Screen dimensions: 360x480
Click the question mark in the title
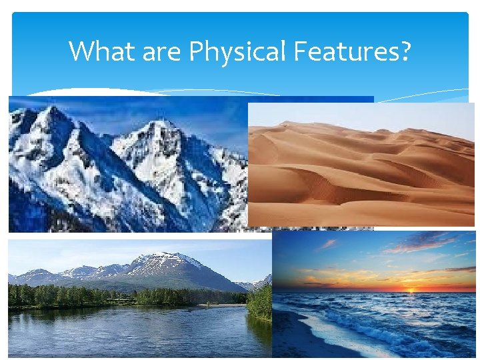tap(405, 51)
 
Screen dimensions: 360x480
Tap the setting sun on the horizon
tap(410, 290)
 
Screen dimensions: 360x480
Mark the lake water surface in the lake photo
tap(133, 330)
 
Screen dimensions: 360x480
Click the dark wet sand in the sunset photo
tap(300, 340)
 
